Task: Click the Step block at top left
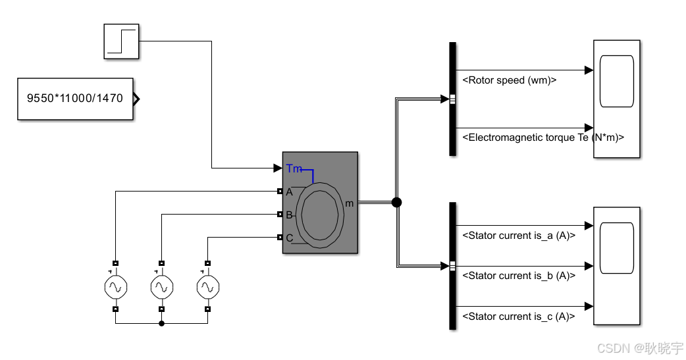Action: click(122, 41)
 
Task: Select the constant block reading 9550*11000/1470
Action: click(75, 99)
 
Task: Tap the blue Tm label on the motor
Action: click(294, 169)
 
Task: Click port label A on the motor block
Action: click(289, 192)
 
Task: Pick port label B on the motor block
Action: click(289, 215)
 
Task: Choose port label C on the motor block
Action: click(289, 238)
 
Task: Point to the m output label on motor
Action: click(349, 203)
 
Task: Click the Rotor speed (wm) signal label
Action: click(510, 80)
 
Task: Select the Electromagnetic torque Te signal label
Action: click(542, 138)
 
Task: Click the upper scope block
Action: click(617, 99)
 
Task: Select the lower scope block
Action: click(617, 265)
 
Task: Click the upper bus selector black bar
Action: click(452, 99)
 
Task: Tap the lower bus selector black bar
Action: click(452, 265)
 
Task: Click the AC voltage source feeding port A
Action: click(115, 286)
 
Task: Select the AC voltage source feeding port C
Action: click(207, 286)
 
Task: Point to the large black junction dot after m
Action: click(396, 203)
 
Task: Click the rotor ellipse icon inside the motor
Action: click(320, 215)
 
